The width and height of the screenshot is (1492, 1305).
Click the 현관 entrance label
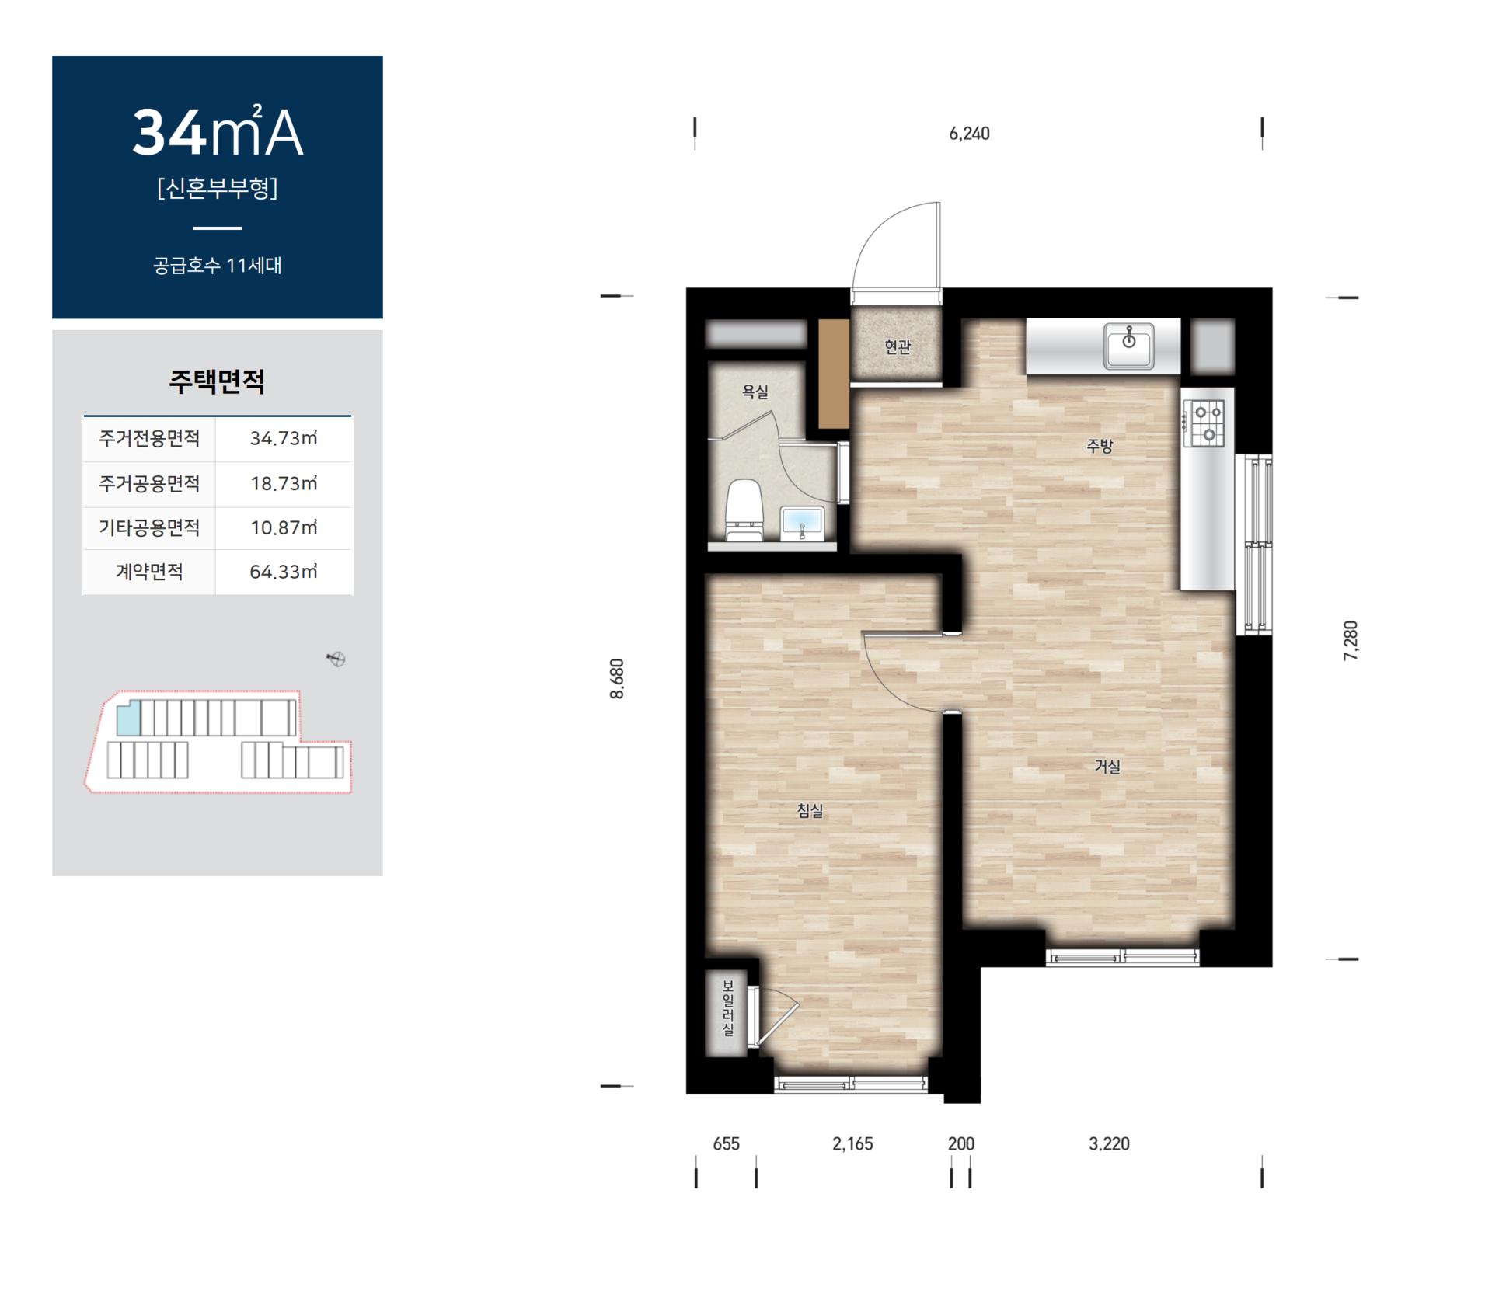click(898, 347)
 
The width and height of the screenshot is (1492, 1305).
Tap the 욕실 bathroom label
click(755, 391)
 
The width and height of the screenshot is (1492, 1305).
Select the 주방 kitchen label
click(1100, 446)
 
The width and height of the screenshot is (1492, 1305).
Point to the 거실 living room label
click(1107, 767)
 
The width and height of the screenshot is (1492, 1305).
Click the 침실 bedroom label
click(810, 811)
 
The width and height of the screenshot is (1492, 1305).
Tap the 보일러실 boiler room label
click(728, 1007)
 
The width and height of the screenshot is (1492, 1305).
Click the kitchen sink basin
click(1129, 346)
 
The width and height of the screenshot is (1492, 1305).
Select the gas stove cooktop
click(1204, 423)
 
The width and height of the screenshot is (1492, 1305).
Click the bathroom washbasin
click(802, 522)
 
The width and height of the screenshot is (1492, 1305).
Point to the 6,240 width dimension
click(969, 134)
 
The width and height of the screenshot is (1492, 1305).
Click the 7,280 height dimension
click(1351, 641)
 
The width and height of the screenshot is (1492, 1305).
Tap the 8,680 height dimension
click(617, 679)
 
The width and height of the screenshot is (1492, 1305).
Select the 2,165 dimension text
click(852, 1143)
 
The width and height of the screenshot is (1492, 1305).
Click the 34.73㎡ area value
click(284, 438)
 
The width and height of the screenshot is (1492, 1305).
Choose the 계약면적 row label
click(149, 572)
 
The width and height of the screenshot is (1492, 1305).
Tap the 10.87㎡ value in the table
click(284, 527)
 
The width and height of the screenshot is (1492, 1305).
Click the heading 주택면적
click(217, 381)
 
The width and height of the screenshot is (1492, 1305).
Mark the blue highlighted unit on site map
click(128, 718)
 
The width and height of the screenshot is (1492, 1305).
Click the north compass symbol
click(336, 659)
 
